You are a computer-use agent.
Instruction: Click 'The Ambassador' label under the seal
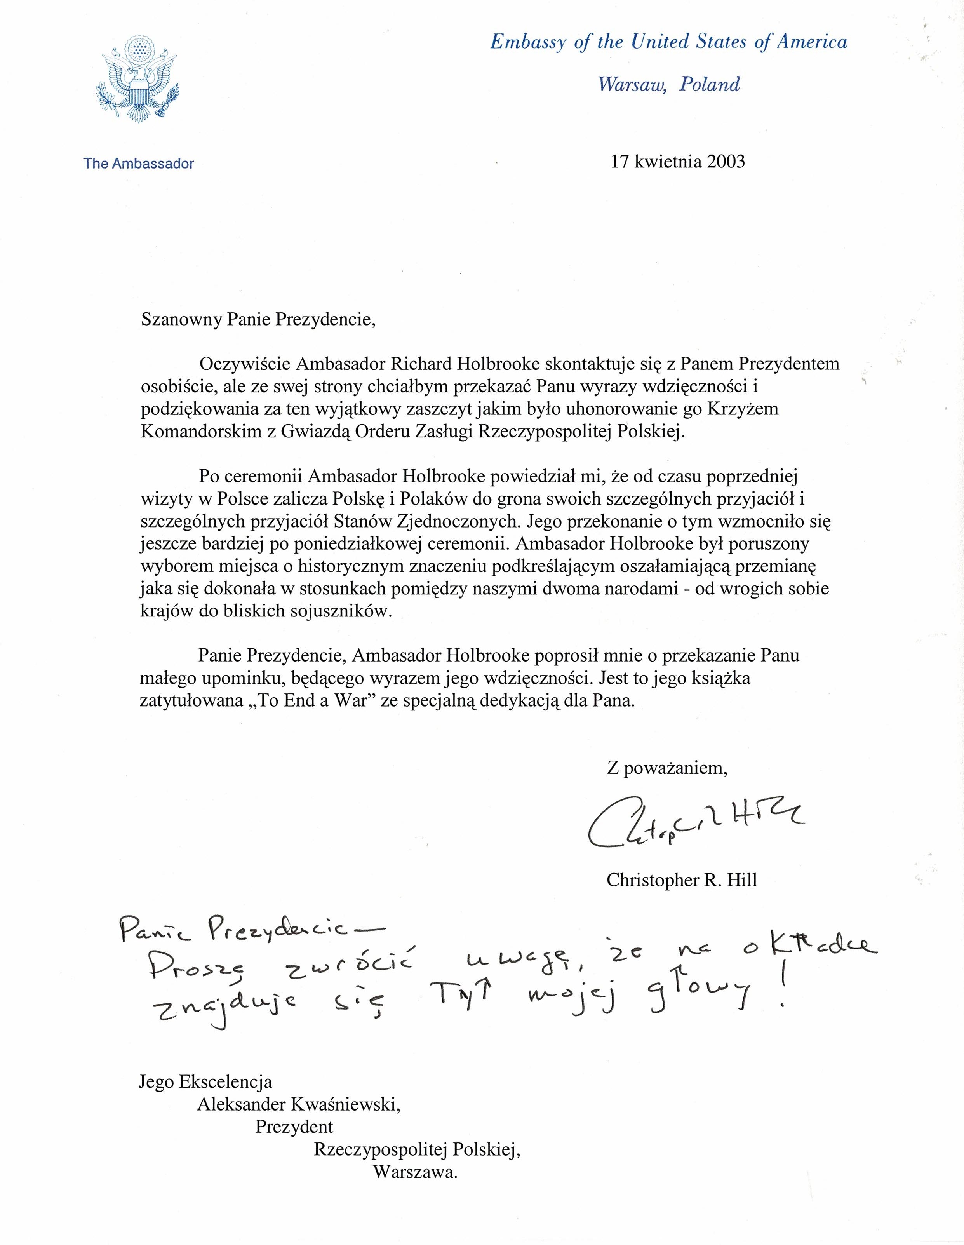pos(139,164)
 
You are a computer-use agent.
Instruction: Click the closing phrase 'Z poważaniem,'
pos(667,768)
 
